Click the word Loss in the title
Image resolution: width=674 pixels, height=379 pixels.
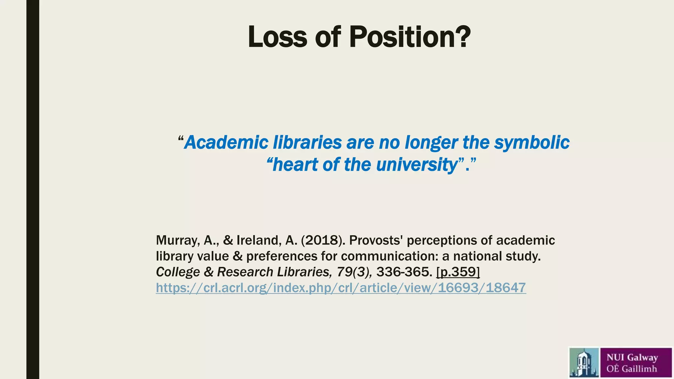tap(277, 37)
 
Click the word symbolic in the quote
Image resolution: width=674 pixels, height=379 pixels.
tap(532, 143)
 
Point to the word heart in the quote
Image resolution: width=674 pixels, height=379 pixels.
tap(296, 164)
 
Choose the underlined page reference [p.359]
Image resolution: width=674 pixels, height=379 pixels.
tap(458, 272)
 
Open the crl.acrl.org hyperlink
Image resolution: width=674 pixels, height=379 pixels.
tap(341, 288)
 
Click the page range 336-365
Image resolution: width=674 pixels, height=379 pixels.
tap(404, 272)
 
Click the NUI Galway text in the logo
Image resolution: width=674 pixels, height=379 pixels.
tap(632, 357)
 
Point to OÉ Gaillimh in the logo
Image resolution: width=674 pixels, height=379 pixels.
tap(632, 369)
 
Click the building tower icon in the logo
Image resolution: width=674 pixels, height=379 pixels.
tap(584, 363)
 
